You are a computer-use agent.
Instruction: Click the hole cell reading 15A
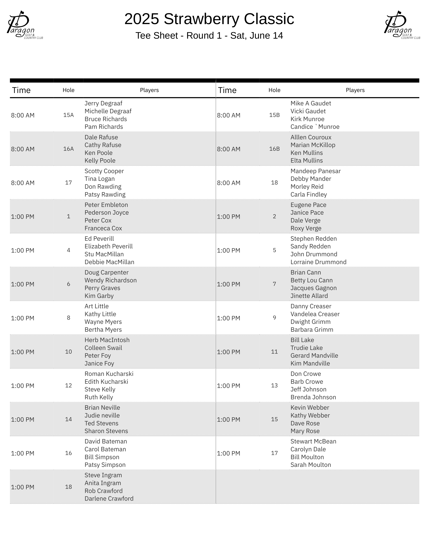[x=68, y=115]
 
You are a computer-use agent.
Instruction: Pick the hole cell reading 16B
[x=274, y=149]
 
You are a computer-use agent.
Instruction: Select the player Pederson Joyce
[x=106, y=213]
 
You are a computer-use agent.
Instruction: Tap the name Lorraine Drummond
[x=318, y=262]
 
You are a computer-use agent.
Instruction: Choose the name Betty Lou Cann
[x=311, y=280]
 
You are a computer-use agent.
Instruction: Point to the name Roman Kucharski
[x=109, y=374]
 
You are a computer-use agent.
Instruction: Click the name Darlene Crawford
[x=109, y=499]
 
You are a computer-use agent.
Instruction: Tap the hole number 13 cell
[x=274, y=385]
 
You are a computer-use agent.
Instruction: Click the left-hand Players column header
[x=149, y=90]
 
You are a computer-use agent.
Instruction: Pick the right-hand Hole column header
[x=274, y=90]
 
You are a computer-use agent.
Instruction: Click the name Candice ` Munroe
[x=315, y=127]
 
